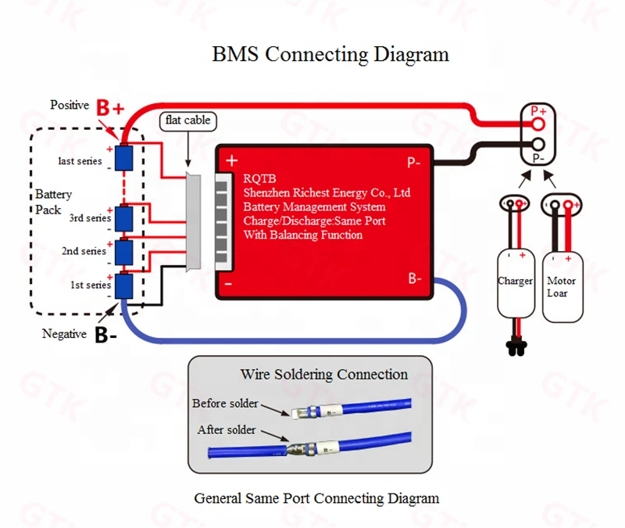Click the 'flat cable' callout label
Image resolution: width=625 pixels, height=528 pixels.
(x=187, y=121)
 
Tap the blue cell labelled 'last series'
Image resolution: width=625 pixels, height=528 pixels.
(x=124, y=158)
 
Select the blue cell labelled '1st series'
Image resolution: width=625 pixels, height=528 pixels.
(x=124, y=286)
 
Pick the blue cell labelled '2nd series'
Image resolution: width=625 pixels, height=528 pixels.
(x=124, y=252)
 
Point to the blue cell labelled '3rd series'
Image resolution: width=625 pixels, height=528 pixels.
(x=124, y=218)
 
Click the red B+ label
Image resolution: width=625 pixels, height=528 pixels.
(x=110, y=108)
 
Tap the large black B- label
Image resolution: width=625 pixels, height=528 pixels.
(x=105, y=335)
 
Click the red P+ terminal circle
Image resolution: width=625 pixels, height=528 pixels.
(x=538, y=124)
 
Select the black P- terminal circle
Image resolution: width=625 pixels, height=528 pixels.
(x=538, y=144)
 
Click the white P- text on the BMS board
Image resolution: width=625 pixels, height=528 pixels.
(x=414, y=163)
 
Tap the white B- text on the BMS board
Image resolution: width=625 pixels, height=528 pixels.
(x=415, y=278)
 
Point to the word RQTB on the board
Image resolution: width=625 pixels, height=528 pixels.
(x=259, y=179)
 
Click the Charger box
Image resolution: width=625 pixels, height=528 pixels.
(x=516, y=284)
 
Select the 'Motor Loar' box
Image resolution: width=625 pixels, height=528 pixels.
(x=562, y=287)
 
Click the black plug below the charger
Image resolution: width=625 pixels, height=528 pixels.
(x=516, y=348)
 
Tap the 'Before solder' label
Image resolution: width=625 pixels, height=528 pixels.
(x=225, y=403)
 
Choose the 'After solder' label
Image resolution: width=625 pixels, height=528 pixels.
(x=227, y=429)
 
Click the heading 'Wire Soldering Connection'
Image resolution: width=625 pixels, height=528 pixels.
(x=324, y=375)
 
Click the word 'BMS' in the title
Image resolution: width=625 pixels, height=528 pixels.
(x=235, y=54)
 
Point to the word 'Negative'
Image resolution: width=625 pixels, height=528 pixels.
(x=64, y=334)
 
